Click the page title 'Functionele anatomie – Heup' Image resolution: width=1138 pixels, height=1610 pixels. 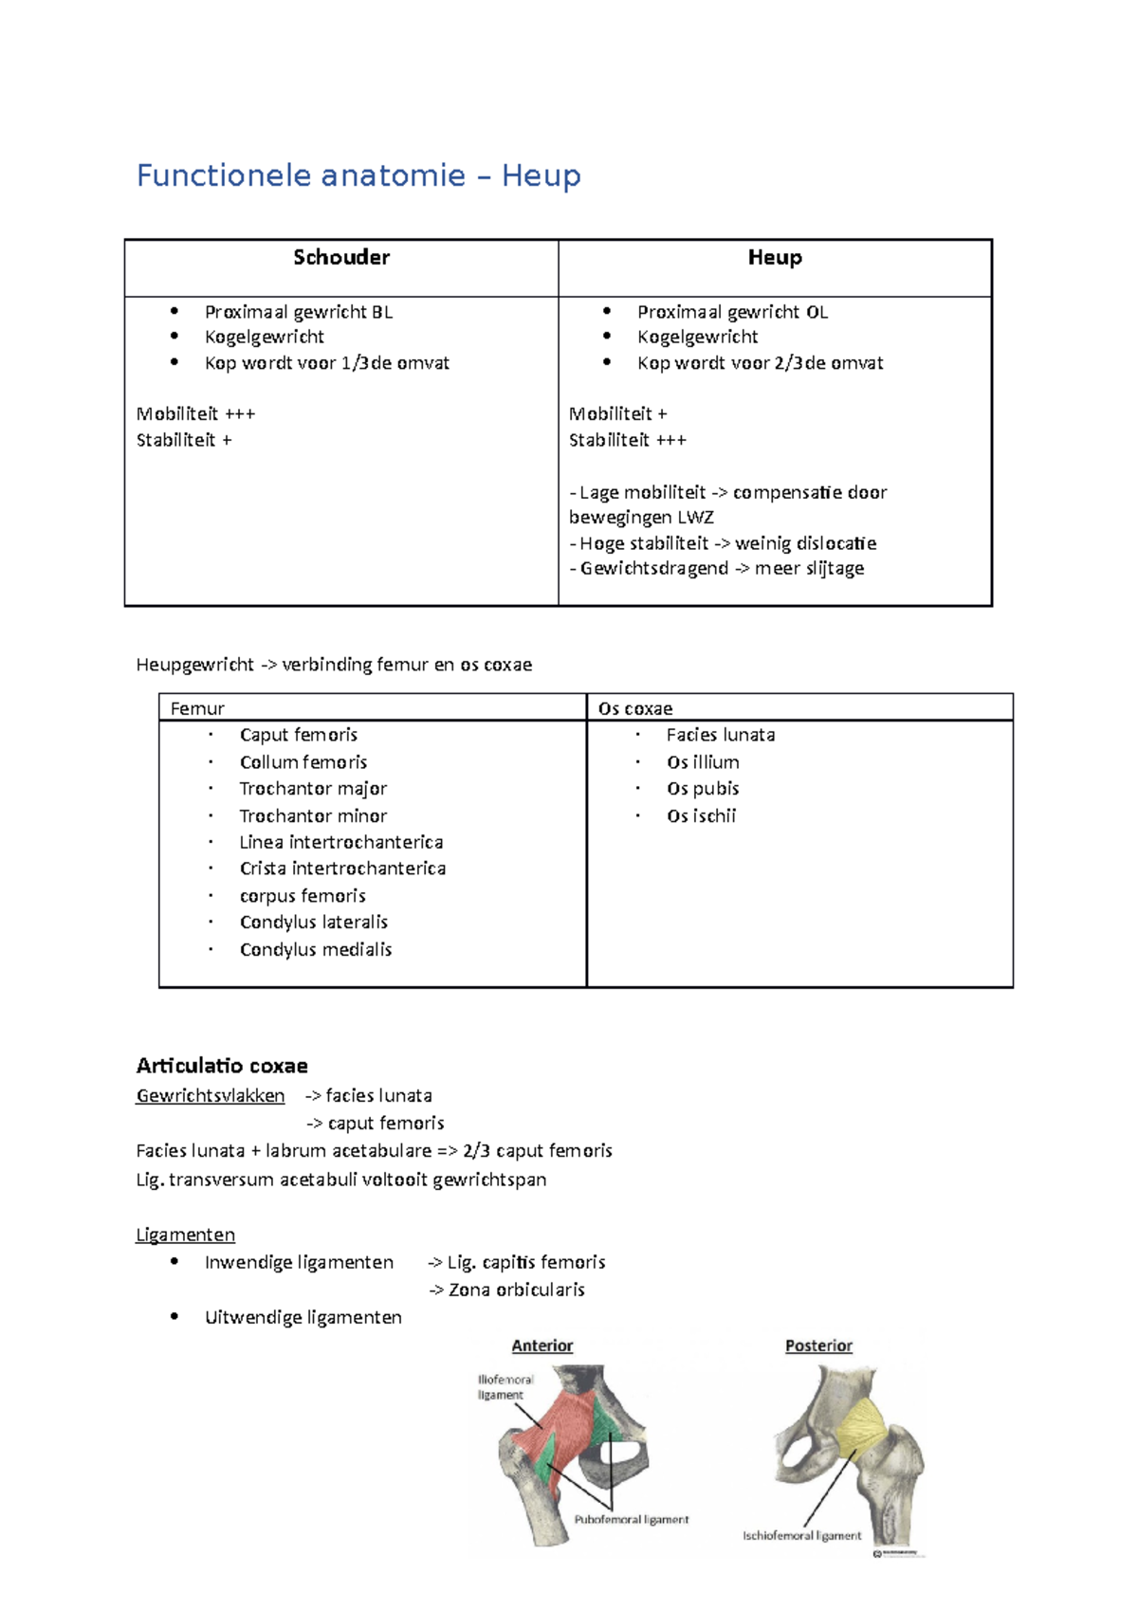[358, 176]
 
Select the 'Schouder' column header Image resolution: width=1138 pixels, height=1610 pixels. [341, 258]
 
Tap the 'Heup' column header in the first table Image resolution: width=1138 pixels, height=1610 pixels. [775, 258]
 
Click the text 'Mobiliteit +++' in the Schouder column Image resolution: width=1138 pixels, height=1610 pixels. [195, 414]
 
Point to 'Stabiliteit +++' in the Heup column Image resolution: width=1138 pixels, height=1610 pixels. [627, 440]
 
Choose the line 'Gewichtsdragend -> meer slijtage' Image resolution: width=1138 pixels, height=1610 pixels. [717, 569]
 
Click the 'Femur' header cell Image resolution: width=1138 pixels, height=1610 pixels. [197, 708]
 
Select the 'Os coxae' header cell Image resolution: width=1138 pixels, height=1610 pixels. [635, 708]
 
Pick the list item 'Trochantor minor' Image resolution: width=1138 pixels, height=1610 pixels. [313, 816]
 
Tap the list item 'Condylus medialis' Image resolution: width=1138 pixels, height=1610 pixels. [316, 950]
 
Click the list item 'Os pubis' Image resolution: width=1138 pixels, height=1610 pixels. [703, 789]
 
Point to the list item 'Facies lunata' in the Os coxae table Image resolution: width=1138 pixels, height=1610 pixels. [721, 735]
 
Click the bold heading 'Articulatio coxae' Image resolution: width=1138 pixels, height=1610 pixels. [222, 1066]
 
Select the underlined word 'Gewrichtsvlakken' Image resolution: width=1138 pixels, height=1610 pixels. [211, 1096]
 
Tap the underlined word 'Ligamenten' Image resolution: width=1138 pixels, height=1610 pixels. [186, 1235]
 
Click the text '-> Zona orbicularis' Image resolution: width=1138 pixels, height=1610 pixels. [506, 1290]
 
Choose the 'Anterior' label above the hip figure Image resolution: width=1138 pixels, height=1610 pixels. [542, 1346]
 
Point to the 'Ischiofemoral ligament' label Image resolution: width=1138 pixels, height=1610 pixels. [802, 1536]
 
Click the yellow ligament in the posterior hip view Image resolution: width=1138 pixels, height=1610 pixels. [861, 1429]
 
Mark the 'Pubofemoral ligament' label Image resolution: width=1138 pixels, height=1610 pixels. [632, 1520]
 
